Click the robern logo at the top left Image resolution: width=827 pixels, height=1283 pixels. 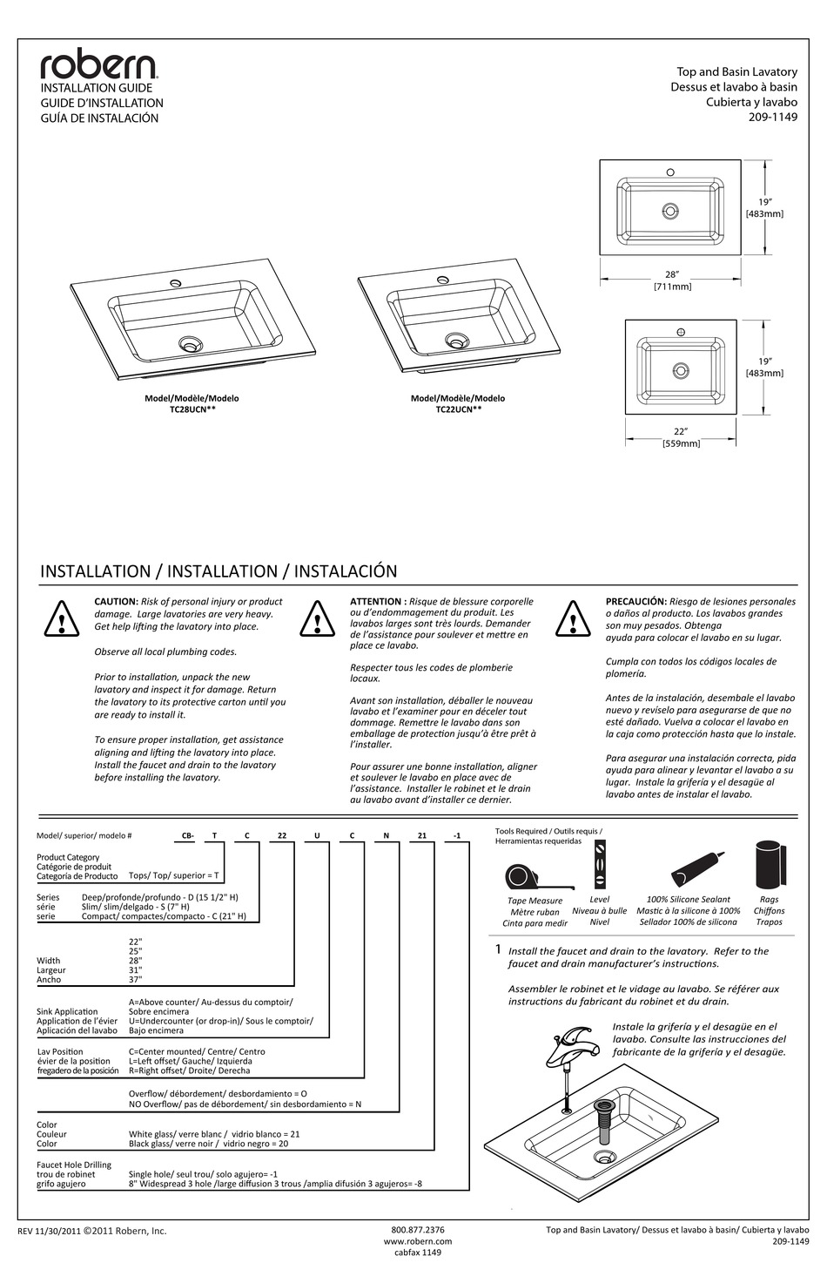click(98, 65)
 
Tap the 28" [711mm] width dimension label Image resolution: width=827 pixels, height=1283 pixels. click(672, 280)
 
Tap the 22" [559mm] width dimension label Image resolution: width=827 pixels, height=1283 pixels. click(681, 437)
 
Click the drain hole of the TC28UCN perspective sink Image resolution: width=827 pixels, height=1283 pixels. click(189, 344)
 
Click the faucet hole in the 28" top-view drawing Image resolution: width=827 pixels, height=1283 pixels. click(670, 172)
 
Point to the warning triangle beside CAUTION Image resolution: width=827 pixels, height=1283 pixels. click(63, 620)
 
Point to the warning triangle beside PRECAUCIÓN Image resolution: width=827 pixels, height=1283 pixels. click(574, 620)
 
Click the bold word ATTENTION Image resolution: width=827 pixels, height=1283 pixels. click(377, 601)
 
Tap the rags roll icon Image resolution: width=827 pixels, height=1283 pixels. click(770, 865)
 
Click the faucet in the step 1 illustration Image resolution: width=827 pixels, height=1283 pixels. click(569, 1042)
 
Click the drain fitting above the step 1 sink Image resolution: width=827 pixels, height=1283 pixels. click(602, 1121)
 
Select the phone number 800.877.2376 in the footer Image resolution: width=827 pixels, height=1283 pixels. click(418, 1230)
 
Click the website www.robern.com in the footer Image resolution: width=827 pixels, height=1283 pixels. click(418, 1241)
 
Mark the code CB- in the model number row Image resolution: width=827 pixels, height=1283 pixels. click(187, 835)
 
